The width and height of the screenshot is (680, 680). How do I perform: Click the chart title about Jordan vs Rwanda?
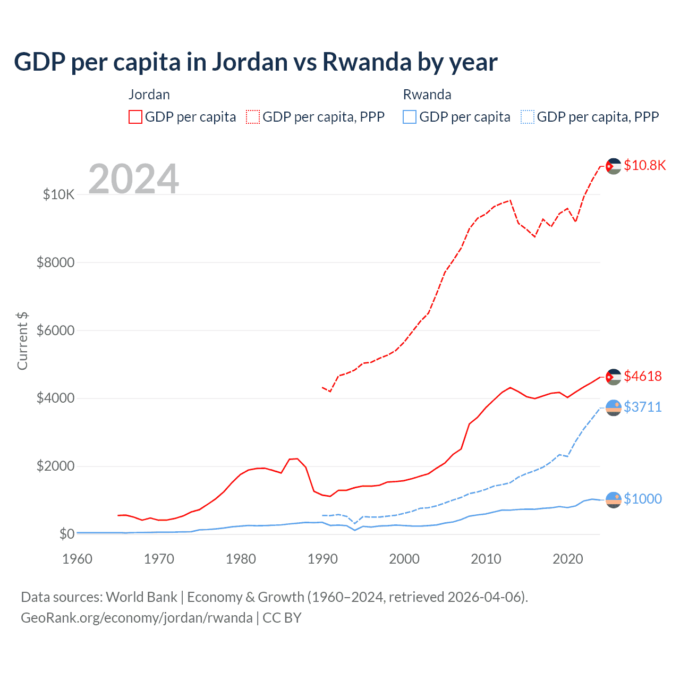coord(256,62)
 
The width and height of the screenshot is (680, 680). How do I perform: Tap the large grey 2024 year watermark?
coord(133,179)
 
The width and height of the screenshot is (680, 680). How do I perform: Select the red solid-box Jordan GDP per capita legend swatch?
coord(135,117)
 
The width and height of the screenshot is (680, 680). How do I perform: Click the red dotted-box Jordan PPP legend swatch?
coord(253,117)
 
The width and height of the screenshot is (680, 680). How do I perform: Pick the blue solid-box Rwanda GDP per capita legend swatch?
coord(410,117)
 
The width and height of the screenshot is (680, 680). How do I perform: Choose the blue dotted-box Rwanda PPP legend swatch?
coord(528,117)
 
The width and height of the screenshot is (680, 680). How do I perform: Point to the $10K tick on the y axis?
coord(58,194)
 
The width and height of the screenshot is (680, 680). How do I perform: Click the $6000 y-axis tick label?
coord(55,330)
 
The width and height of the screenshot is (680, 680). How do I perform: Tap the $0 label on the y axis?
coord(66,534)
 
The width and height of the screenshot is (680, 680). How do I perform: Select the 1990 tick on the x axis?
coord(322,559)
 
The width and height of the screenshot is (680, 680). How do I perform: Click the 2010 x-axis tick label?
coord(486,559)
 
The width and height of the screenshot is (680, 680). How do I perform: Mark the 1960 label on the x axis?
coord(78,559)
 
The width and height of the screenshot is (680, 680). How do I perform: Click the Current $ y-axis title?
coord(22,341)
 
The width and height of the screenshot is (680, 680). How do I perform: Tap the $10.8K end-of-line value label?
coord(644,165)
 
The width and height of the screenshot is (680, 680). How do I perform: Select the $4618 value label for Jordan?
coord(643,376)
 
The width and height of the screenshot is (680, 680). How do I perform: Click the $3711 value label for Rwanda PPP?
coord(643,407)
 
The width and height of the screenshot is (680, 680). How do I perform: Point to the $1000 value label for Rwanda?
coord(643,499)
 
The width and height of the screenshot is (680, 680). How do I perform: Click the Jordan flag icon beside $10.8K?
coord(614,166)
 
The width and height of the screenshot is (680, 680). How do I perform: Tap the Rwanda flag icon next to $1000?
coord(614,500)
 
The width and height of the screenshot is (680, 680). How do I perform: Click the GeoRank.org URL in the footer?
coord(137,618)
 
